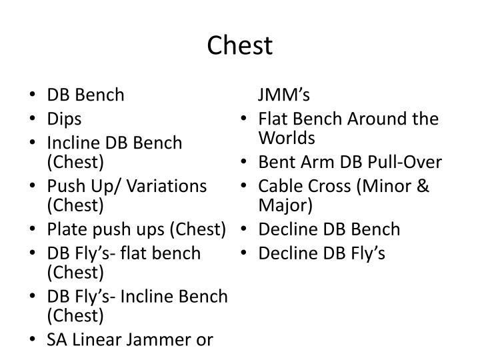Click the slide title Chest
(240, 45)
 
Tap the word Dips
(64, 119)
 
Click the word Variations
(167, 186)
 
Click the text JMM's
(284, 94)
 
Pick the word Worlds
(287, 138)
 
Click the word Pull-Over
(405, 161)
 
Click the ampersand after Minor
(423, 186)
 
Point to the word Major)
(285, 205)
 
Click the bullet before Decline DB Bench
(244, 229)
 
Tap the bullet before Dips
(33, 118)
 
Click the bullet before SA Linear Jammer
(33, 339)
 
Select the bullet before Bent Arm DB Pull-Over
(244, 161)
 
